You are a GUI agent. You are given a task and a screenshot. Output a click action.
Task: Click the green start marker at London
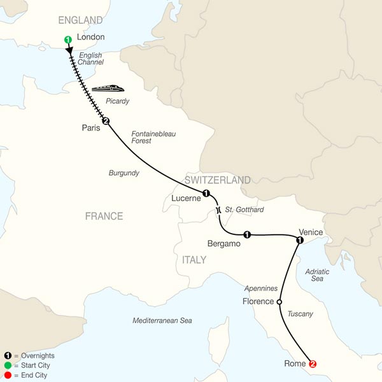[67, 40]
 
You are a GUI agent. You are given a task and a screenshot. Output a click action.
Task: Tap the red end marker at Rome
[312, 364]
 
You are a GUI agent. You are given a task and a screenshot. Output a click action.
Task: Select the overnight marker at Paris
[106, 122]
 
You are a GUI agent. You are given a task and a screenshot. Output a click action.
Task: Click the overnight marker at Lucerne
[206, 193]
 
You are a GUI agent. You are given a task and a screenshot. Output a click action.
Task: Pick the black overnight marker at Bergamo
[247, 234]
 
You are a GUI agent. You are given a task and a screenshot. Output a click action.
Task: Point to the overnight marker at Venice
[299, 240]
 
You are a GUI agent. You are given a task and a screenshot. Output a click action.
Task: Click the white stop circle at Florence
[279, 302]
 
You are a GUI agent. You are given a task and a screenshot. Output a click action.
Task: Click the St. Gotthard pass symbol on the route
[218, 209]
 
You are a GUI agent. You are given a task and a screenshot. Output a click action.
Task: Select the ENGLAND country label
[80, 20]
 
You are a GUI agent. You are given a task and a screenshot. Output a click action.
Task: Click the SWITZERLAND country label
[217, 180]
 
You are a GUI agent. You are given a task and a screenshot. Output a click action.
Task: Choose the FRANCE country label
[104, 216]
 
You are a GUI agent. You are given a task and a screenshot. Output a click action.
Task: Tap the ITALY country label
[194, 260]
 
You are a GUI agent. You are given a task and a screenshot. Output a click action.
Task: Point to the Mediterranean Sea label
[162, 320]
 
